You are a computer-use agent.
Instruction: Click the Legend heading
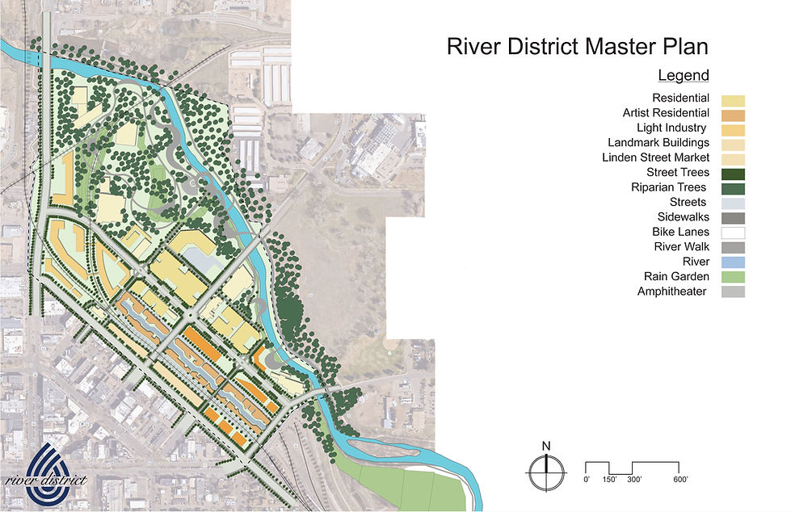[x=683, y=76]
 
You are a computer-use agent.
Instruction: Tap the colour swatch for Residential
[x=734, y=99]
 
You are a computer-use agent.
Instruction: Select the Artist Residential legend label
[x=666, y=114]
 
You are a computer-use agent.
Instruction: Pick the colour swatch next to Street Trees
[x=734, y=173]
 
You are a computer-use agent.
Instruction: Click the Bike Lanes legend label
[x=681, y=233]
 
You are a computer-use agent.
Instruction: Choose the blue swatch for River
[x=734, y=262]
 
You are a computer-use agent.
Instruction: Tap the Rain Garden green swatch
[x=734, y=277]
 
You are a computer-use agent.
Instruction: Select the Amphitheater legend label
[x=672, y=292]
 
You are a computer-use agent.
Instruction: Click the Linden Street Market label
[x=655, y=157]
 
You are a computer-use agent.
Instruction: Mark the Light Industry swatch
[x=734, y=128]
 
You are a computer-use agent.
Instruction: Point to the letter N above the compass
[x=546, y=446]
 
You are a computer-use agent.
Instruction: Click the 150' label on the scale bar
[x=609, y=480]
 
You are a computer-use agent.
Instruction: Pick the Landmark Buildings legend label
[x=658, y=143]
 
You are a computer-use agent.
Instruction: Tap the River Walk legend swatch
[x=734, y=247]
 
